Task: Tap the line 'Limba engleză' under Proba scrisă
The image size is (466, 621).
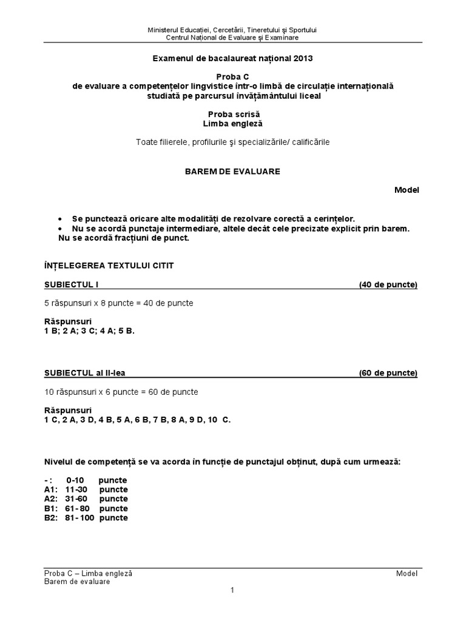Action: click(x=232, y=123)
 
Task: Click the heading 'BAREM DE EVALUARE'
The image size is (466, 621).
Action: click(x=232, y=172)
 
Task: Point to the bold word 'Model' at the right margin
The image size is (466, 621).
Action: click(x=407, y=190)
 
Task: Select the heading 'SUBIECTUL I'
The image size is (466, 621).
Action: click(x=67, y=284)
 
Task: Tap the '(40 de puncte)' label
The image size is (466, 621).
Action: click(x=388, y=284)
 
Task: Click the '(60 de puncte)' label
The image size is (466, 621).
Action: click(x=388, y=373)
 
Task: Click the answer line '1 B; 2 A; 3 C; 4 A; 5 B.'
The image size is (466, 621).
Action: click(x=89, y=331)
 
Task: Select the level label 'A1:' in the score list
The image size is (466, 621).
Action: click(x=51, y=489)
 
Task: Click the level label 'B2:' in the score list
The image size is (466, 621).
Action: click(x=51, y=519)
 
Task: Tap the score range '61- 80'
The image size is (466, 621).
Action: click(x=79, y=509)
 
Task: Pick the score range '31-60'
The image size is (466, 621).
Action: click(x=77, y=499)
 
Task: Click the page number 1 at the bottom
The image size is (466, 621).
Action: click(x=232, y=590)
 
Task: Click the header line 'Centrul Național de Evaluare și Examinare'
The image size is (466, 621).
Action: click(x=232, y=37)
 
